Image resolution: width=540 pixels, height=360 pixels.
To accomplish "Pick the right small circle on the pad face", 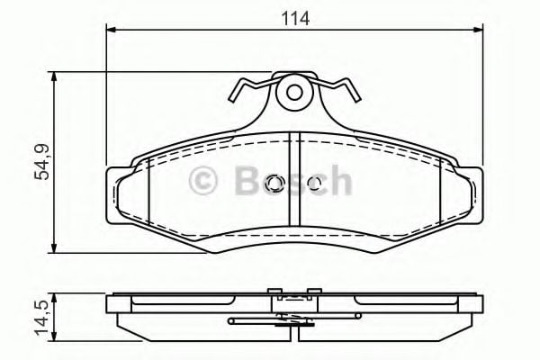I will click(313, 184).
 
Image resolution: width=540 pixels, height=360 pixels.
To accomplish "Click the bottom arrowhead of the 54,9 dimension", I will click(57, 247).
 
